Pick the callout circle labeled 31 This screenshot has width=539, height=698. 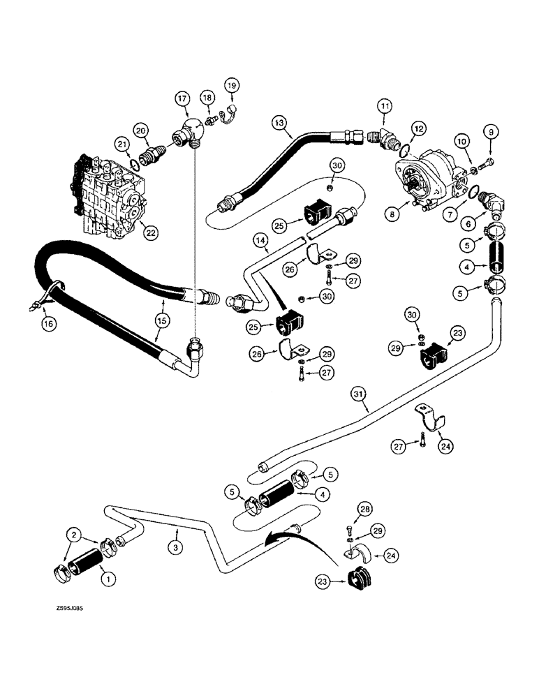pyautogui.click(x=359, y=396)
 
